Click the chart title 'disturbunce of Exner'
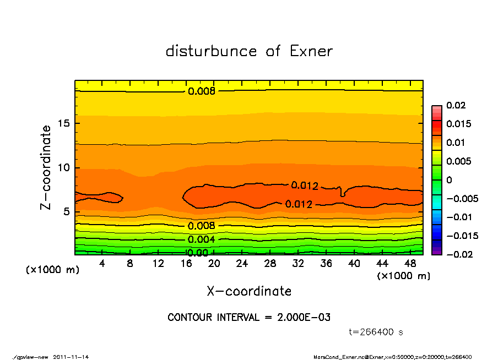pos(249,51)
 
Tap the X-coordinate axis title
pos(249,291)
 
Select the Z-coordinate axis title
pos(46,167)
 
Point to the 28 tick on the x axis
pos(270,264)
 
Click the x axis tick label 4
pos(102,264)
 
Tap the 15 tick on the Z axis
pos(64,123)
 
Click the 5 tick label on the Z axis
pos(67,212)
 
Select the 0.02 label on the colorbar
pos(456,105)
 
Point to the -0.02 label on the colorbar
pos(458,254)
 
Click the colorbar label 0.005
pos(458,161)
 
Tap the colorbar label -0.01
pos(458,217)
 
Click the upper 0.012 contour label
pos(304,186)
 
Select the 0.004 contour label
pos(201,239)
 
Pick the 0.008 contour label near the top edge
pos(201,91)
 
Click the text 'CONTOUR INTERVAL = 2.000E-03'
pos(249,318)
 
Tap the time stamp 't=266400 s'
pos(376,332)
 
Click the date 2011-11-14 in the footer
pos(71,357)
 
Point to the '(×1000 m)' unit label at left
pos(49,270)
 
